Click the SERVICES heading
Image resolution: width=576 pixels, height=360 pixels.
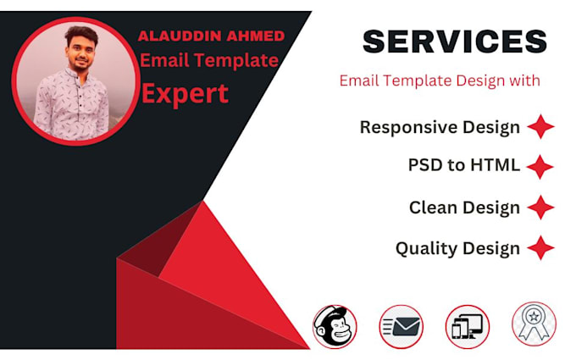pos(454,42)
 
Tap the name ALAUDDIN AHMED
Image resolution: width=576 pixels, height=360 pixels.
pos(213,36)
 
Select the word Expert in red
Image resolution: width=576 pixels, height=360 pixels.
pos(185,93)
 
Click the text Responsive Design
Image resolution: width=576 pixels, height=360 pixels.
pos(440,128)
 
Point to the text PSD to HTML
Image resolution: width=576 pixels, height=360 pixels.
pos(463,165)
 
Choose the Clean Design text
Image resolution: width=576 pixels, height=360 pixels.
pos(464,208)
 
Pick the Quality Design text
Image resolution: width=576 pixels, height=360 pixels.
pos(457,248)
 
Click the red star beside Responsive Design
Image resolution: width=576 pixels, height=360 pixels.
pos(540,128)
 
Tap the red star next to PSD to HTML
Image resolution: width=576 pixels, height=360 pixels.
pos(540,166)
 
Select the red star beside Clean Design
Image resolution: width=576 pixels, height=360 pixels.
pos(540,208)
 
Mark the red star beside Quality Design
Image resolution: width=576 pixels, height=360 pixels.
pos(540,248)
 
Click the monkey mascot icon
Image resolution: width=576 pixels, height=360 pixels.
pos(335,326)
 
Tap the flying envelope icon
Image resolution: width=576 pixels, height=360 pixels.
pos(401,326)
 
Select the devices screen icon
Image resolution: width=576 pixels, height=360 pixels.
pos(468,326)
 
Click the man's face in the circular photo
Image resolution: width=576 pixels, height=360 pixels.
pos(79,53)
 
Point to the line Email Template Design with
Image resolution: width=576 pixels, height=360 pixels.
pos(440,81)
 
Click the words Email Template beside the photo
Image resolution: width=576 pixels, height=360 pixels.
pos(209,60)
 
